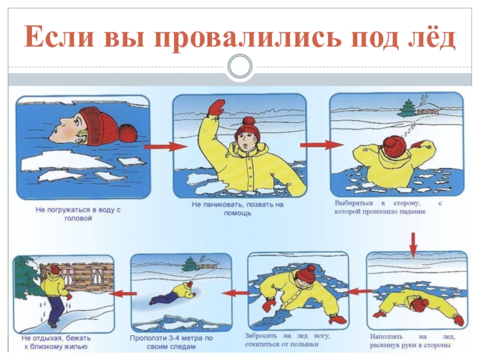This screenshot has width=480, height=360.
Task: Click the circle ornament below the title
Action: point(240,66)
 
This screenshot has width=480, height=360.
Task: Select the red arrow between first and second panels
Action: point(166,146)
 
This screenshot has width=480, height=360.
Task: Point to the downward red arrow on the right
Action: point(413,245)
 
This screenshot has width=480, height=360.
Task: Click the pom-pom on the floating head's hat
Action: point(128,132)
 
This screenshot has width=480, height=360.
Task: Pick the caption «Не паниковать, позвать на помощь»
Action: point(238,208)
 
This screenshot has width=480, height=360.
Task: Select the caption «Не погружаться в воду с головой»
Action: point(79,214)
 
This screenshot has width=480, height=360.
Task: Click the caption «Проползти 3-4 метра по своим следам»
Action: point(171,342)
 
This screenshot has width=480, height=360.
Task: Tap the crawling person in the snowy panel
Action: point(173,293)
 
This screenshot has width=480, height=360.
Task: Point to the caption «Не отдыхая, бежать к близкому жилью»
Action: point(56,342)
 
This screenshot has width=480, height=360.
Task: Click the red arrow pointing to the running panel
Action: point(123,293)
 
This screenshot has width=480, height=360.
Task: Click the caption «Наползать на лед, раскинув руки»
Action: point(412,341)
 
